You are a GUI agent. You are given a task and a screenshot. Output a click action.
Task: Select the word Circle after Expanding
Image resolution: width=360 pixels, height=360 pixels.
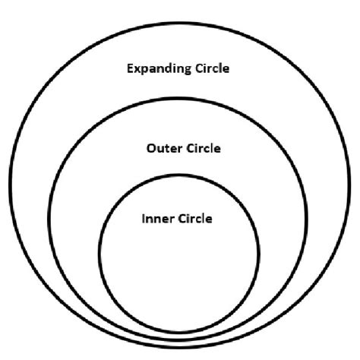click(x=213, y=68)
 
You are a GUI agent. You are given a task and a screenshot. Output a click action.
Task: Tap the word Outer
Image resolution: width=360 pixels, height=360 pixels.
click(x=164, y=148)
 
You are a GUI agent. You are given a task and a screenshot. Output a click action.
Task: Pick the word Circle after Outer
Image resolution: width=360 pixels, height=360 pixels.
click(x=204, y=148)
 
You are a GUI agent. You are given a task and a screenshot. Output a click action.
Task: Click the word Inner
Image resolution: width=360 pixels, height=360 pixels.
click(x=157, y=219)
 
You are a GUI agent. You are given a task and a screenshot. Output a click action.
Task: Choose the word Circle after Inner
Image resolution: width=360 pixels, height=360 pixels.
click(x=195, y=219)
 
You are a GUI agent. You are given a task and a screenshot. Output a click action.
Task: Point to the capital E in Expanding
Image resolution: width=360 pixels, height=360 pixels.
click(x=130, y=68)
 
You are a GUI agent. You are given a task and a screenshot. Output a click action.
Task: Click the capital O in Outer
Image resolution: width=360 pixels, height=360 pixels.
click(x=151, y=148)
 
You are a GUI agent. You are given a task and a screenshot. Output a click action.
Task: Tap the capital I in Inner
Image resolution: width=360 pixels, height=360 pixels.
click(x=144, y=219)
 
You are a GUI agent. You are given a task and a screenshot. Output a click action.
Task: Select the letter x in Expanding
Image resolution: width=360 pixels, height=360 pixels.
click(x=137, y=70)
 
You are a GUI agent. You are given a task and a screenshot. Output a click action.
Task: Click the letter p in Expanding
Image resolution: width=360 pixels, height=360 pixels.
click(x=145, y=71)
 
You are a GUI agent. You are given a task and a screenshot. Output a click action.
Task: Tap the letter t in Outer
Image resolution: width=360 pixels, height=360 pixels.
click(x=169, y=149)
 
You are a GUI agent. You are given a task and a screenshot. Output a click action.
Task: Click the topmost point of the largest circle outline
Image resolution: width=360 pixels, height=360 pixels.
click(x=180, y=24)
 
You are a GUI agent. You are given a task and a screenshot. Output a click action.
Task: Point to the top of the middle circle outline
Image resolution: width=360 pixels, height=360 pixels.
click(x=178, y=99)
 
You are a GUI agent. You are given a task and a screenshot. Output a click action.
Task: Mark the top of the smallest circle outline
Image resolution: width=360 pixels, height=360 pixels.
click(x=178, y=175)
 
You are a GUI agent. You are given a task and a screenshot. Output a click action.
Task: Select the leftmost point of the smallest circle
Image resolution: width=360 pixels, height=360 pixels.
click(x=99, y=254)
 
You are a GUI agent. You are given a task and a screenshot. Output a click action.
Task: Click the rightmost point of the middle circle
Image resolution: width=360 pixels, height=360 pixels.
click(x=307, y=219)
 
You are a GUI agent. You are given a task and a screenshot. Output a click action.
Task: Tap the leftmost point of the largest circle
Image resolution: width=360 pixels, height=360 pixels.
click(x=11, y=185)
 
